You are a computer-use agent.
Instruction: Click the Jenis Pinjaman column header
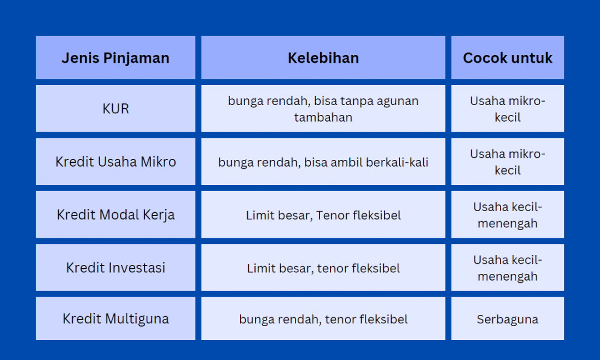116,58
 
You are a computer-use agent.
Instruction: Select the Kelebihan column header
323,58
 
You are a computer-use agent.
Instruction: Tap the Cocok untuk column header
507,58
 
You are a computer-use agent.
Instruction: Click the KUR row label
116,108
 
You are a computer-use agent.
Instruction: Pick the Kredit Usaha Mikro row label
116,162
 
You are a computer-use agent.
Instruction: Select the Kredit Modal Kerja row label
116,215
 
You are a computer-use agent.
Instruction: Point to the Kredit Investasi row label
116,268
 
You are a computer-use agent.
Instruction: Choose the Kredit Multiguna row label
116,319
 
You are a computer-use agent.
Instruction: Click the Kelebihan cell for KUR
323,108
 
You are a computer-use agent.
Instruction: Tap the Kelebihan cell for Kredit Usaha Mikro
323,162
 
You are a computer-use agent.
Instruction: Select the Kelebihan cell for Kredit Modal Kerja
323,215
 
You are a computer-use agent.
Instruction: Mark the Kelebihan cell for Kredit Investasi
323,268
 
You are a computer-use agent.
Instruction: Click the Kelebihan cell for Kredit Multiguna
323,319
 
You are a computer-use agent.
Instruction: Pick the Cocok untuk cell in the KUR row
507,109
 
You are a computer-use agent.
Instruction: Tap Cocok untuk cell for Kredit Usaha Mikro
507,162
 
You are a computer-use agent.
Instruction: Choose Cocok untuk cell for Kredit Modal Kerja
507,215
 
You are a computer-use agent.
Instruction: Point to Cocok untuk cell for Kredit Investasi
507,268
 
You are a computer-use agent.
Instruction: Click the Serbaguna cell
507,319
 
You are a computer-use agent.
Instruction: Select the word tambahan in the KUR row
323,117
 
